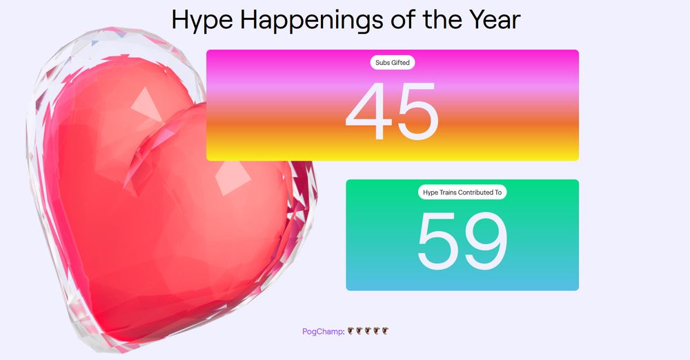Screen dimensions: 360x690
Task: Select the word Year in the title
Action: point(491,20)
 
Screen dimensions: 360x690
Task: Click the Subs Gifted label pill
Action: point(392,63)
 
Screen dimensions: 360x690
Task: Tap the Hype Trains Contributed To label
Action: point(462,192)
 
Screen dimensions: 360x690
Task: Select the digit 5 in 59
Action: point(440,241)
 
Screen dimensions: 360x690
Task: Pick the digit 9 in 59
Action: point(486,241)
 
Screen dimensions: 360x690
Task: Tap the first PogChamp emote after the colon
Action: point(351,331)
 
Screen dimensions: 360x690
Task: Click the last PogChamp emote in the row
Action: point(386,331)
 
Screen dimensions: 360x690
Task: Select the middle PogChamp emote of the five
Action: point(368,331)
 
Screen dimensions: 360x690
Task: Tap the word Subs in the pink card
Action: point(382,63)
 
